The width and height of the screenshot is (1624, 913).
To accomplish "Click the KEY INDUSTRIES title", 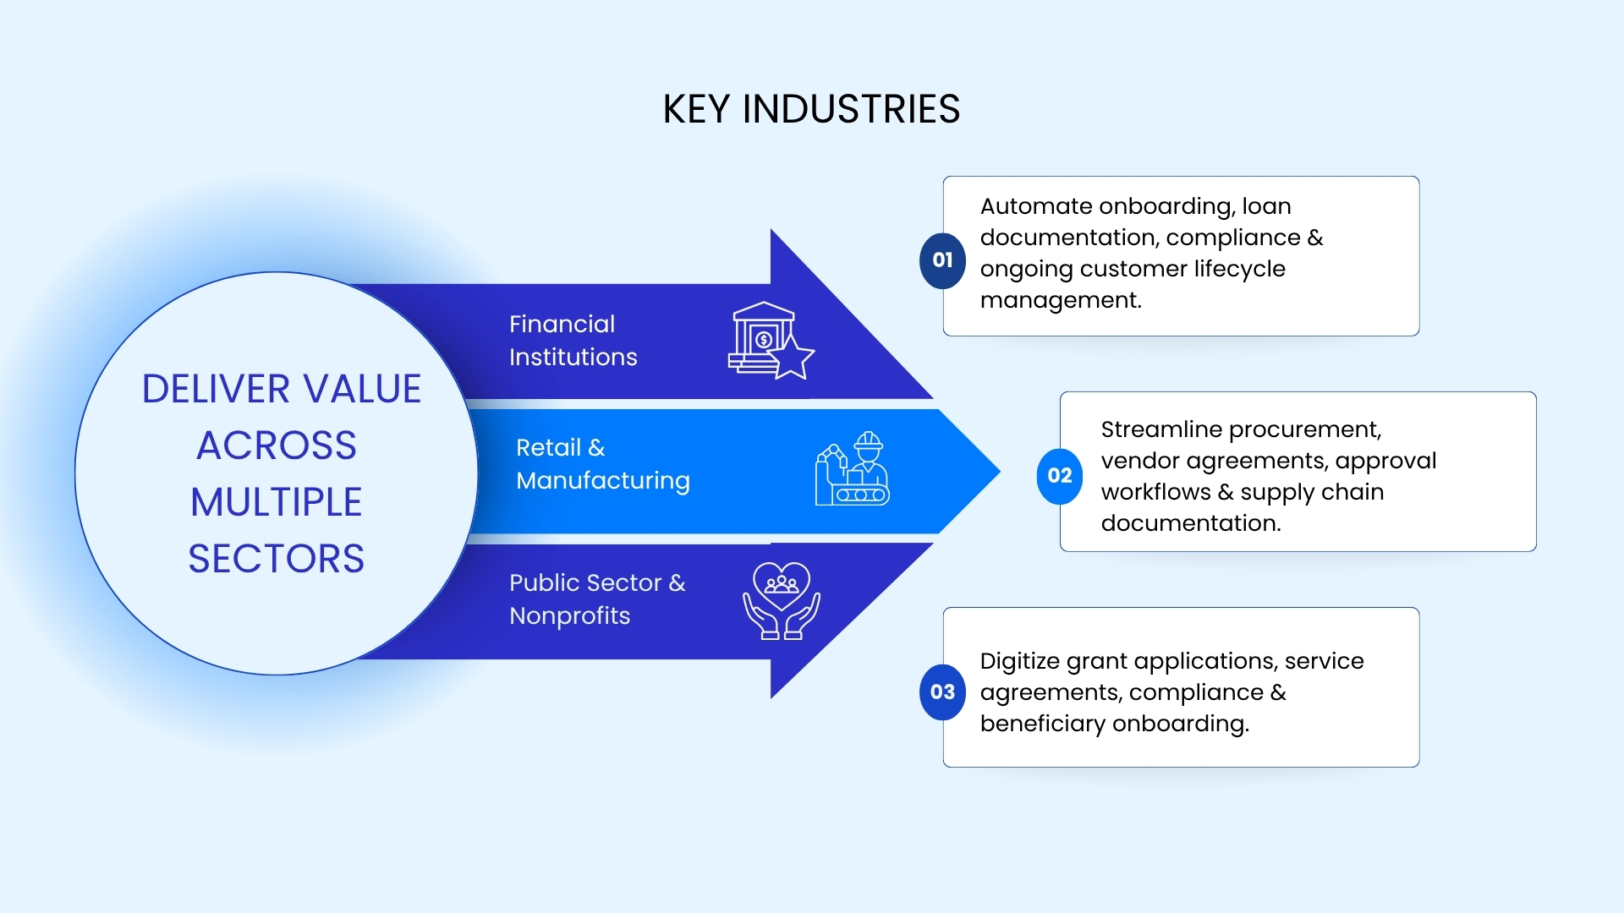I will coord(811,110).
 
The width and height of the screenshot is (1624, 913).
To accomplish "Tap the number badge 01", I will coord(942,260).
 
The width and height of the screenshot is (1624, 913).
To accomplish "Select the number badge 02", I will coord(1059,476).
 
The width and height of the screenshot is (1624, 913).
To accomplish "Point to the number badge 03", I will coord(942,692).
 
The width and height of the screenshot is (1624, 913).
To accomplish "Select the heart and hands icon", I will coord(781,601).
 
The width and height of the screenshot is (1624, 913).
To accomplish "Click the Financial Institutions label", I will coord(573,341).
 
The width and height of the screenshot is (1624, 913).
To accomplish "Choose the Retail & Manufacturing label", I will coord(602,464).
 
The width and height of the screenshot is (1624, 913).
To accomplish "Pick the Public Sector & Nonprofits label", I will coord(597,599).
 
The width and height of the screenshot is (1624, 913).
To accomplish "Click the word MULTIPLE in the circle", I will coord(276,502).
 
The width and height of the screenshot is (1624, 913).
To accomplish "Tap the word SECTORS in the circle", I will coord(276,559).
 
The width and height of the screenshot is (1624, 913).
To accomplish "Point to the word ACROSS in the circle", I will coord(277,446).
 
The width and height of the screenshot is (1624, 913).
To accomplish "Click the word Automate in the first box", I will coord(1036,206).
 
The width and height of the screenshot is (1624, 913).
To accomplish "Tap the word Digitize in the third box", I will coord(1020,661).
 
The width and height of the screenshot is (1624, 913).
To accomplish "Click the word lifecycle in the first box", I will coord(1239,269).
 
